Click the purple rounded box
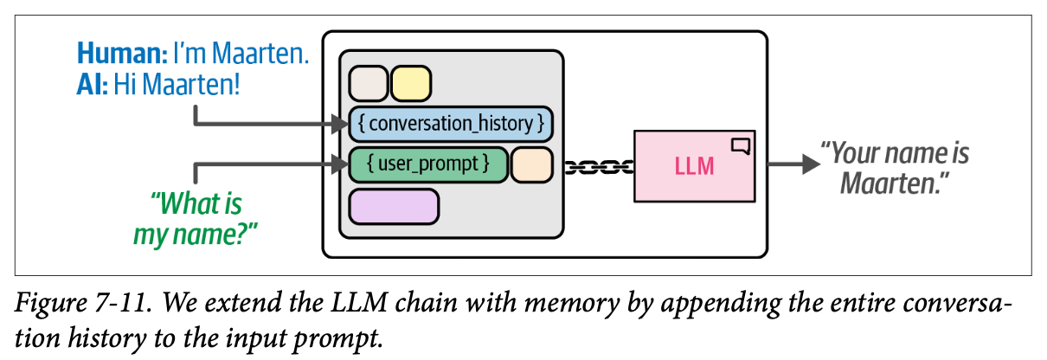pyautogui.click(x=394, y=207)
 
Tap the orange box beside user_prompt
pyautogui.click(x=532, y=164)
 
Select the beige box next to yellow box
pyautogui.click(x=368, y=85)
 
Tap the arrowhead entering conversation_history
pyautogui.click(x=338, y=125)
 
